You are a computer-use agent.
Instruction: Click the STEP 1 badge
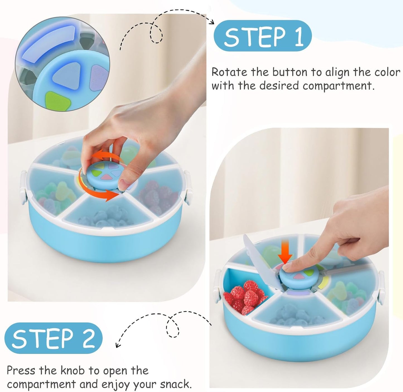262,36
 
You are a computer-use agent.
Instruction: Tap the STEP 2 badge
54,338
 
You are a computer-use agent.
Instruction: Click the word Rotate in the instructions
229,72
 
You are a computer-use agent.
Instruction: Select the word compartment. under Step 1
338,86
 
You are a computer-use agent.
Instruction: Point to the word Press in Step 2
21,371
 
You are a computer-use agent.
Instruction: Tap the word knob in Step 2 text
73,371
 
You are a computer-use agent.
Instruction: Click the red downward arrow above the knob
285,254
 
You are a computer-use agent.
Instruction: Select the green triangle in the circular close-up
54,101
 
